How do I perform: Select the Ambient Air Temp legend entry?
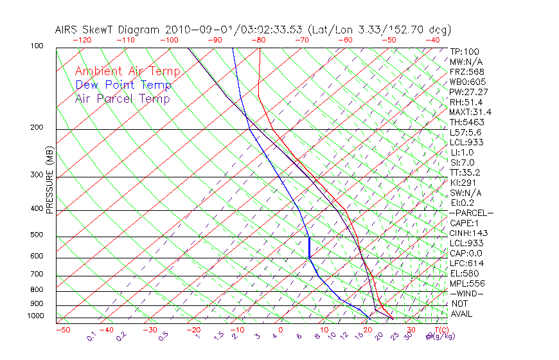(x=127, y=71)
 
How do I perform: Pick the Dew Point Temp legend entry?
(x=123, y=85)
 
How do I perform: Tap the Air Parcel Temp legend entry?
(x=122, y=98)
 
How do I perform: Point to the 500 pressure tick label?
(x=37, y=235)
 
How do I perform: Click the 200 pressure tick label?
(x=37, y=128)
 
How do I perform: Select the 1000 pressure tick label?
(x=35, y=316)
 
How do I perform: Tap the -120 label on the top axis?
(x=82, y=40)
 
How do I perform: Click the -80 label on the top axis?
(x=258, y=40)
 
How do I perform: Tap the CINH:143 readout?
(x=466, y=233)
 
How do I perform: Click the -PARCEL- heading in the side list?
(x=471, y=213)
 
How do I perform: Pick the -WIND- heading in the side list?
(x=466, y=293)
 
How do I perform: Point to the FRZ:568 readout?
(x=465, y=71)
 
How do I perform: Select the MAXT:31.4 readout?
(x=467, y=112)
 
